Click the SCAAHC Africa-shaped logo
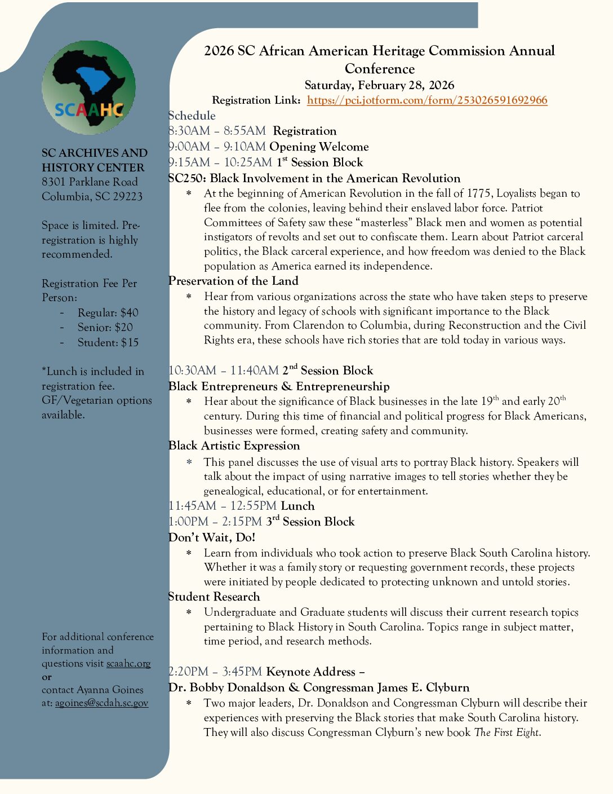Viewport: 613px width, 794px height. [x=88, y=88]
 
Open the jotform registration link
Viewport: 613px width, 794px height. [x=427, y=100]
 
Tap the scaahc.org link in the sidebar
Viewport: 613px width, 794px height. [x=128, y=664]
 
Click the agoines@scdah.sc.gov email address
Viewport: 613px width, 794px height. [x=101, y=703]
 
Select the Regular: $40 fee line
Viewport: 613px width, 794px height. [x=108, y=313]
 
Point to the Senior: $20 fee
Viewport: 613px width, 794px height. [x=105, y=328]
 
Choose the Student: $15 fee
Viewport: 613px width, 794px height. [x=108, y=343]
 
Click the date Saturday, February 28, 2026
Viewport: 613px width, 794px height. [x=379, y=85]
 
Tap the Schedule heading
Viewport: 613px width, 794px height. [x=192, y=116]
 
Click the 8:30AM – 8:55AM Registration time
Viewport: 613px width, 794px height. [x=217, y=131]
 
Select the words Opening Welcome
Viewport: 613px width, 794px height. [x=319, y=147]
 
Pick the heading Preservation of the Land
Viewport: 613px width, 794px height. [x=233, y=281]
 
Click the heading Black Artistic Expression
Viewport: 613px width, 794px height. [x=234, y=445]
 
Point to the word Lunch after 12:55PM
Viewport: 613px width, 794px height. [x=297, y=506]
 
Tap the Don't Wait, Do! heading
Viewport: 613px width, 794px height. [x=212, y=537]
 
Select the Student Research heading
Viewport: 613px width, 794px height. [x=214, y=597]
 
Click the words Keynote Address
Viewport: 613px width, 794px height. [x=311, y=672]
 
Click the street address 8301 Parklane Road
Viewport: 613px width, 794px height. [x=90, y=182]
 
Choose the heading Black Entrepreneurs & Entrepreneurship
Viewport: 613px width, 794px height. [x=279, y=386]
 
